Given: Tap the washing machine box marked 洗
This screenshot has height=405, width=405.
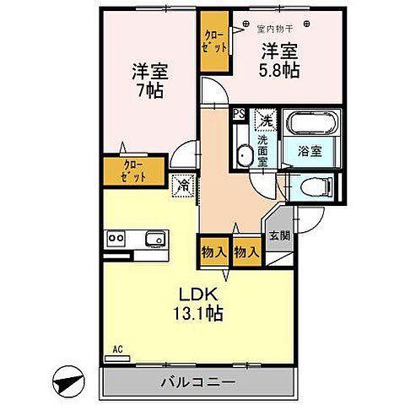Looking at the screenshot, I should coord(266,120).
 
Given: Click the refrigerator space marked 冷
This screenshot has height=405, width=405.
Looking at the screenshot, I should coord(183,182).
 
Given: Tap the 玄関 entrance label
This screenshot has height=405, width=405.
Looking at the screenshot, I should coord(279,235).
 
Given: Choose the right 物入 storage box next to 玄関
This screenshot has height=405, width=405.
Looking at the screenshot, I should coord(246,251).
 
